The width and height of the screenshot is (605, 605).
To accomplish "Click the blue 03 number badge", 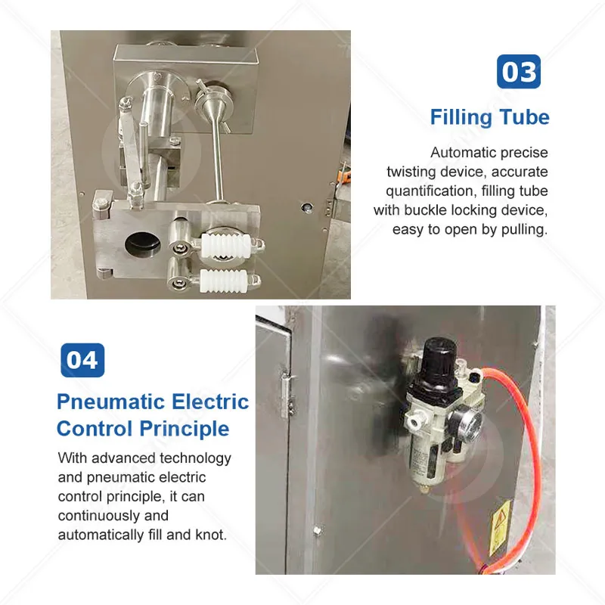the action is click(519, 71).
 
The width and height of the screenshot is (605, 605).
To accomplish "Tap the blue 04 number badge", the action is click(82, 360).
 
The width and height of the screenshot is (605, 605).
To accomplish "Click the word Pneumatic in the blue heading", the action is click(111, 402).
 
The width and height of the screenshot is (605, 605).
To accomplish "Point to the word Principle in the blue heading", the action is click(184, 430).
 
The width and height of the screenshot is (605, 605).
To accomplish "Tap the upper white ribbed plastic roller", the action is click(226, 245).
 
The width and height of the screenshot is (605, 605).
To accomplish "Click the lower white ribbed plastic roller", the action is click(223, 280).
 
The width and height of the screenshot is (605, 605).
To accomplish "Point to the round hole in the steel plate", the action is click(142, 244).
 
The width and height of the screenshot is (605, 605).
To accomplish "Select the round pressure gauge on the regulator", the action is click(466, 425).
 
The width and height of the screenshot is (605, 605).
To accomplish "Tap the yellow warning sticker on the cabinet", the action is click(500, 527).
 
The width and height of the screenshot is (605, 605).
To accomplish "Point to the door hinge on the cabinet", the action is click(287, 395).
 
